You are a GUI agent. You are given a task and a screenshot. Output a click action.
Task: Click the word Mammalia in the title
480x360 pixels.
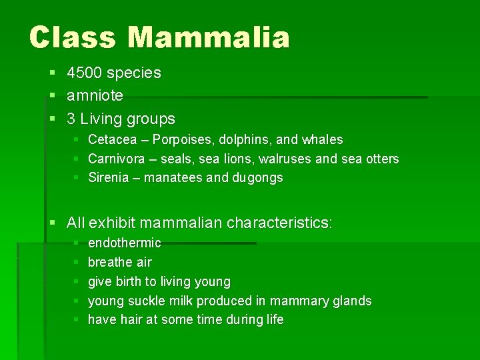click(209, 37)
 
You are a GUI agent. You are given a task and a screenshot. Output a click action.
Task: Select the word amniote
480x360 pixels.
click(95, 95)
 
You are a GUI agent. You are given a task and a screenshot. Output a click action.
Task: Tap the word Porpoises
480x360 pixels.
click(183, 140)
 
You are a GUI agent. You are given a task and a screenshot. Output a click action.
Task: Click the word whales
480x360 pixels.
click(322, 140)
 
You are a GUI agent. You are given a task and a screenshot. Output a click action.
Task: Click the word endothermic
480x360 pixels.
click(125, 243)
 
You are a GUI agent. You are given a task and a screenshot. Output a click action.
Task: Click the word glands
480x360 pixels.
click(352, 301)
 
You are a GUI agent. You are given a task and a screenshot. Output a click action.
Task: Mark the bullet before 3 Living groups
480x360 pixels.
click(53, 119)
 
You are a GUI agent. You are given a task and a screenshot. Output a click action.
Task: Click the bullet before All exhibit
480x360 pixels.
click(53, 223)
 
